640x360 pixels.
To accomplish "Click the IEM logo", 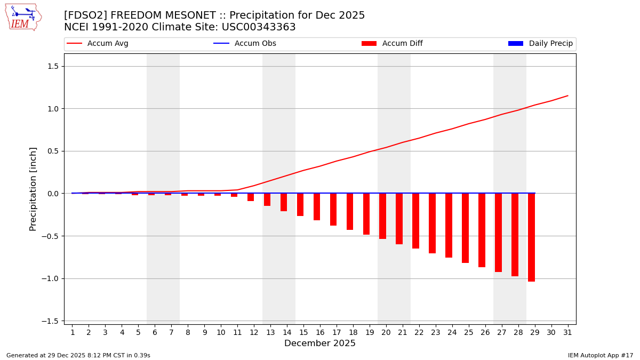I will click(23, 17).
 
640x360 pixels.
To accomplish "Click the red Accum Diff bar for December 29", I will click(531, 237).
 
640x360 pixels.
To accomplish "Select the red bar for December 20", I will click(382, 216).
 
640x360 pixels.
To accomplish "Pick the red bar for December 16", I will click(317, 207).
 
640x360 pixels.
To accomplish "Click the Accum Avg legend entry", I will click(98, 44).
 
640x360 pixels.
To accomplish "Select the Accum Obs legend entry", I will click(245, 44).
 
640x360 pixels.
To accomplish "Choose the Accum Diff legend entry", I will click(392, 44).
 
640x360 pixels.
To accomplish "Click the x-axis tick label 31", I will click(567, 332).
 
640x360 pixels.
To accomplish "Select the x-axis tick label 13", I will click(270, 332).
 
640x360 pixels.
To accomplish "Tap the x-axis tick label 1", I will click(72, 332).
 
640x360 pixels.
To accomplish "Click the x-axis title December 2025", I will click(319, 343).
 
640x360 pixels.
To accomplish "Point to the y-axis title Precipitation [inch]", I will click(33, 189).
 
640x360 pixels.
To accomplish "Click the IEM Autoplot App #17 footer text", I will click(600, 355).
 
